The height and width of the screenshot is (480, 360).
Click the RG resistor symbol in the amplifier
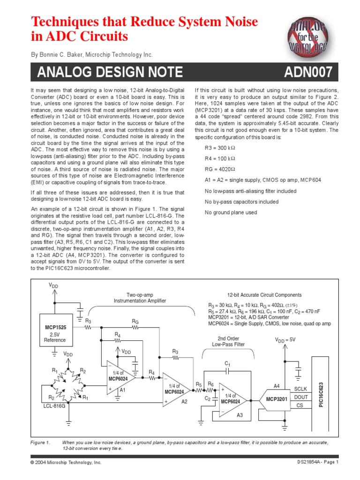point(135,328)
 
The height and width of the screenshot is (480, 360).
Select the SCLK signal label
point(300,389)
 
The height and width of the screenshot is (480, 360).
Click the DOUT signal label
point(300,397)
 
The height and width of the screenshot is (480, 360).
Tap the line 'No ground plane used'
point(231,212)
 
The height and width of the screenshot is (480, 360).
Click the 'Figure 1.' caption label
point(40,442)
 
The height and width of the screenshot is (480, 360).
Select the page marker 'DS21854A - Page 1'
point(317,462)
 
